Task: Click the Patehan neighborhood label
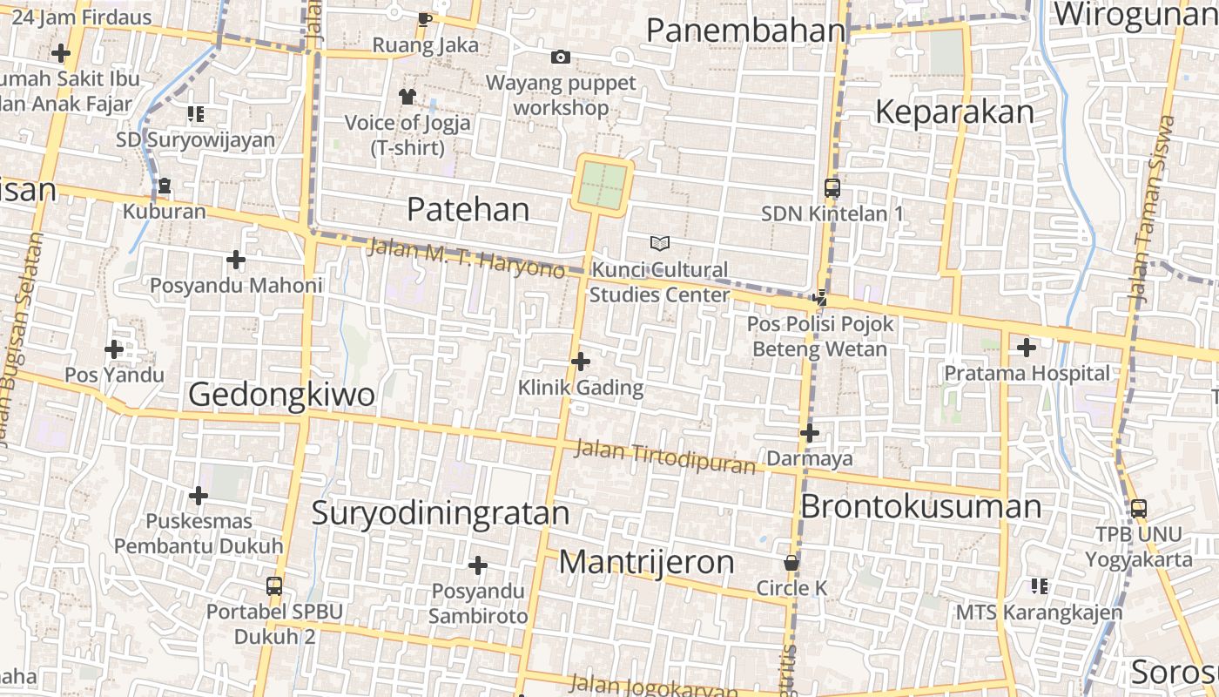(x=468, y=209)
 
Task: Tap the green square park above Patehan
(x=603, y=185)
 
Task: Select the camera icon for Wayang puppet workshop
(x=561, y=58)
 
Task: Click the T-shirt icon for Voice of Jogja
(x=407, y=96)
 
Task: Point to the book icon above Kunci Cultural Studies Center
(x=660, y=243)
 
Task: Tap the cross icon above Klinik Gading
(x=581, y=361)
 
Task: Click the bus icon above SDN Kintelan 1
(x=832, y=187)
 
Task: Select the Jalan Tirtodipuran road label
(x=665, y=457)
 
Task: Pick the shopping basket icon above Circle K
(x=791, y=563)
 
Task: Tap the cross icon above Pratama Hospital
(x=1027, y=348)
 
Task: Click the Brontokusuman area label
(x=920, y=506)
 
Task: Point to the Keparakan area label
(x=954, y=112)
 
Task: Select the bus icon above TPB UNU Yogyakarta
(x=1138, y=508)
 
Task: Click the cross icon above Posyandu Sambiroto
(x=477, y=565)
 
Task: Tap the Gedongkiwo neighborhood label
(x=281, y=395)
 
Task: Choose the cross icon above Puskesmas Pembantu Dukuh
(x=199, y=496)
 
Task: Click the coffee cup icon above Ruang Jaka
(x=425, y=19)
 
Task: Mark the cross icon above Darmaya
(x=810, y=432)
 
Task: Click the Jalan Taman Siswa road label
(x=1152, y=209)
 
